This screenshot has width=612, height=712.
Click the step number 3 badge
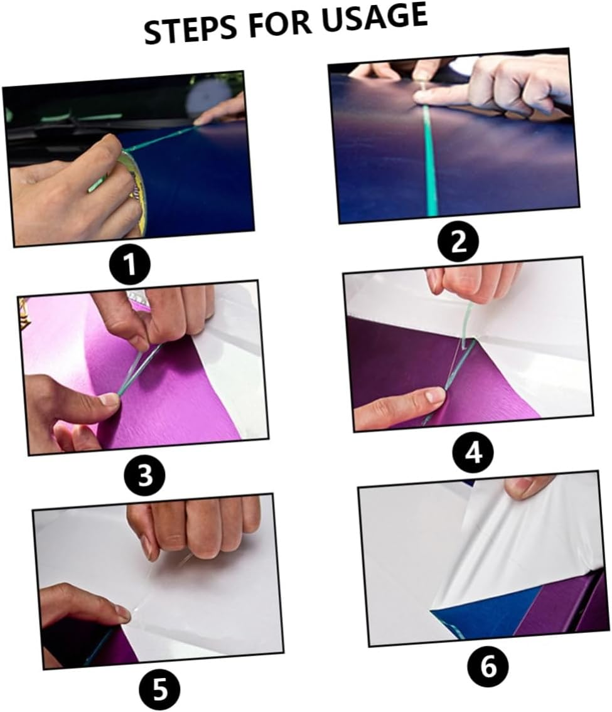pyautogui.click(x=145, y=475)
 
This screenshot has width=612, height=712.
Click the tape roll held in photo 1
pyautogui.click(x=136, y=188)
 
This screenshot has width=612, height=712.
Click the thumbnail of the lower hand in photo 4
pyautogui.click(x=433, y=395)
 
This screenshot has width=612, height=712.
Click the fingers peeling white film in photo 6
pyautogui.click(x=527, y=486)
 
